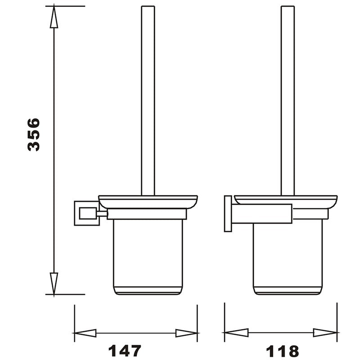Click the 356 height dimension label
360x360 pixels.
pos(34,135)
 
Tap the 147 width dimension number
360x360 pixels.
pos(124,350)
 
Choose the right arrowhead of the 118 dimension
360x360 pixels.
pos(325,333)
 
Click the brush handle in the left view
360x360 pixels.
pos(148,99)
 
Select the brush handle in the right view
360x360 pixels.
pos(288,99)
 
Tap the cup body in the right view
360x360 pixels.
pos(287,256)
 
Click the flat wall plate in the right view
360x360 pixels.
pos(228,214)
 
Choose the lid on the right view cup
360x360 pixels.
pos(287,200)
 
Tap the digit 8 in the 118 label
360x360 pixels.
pos(292,350)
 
